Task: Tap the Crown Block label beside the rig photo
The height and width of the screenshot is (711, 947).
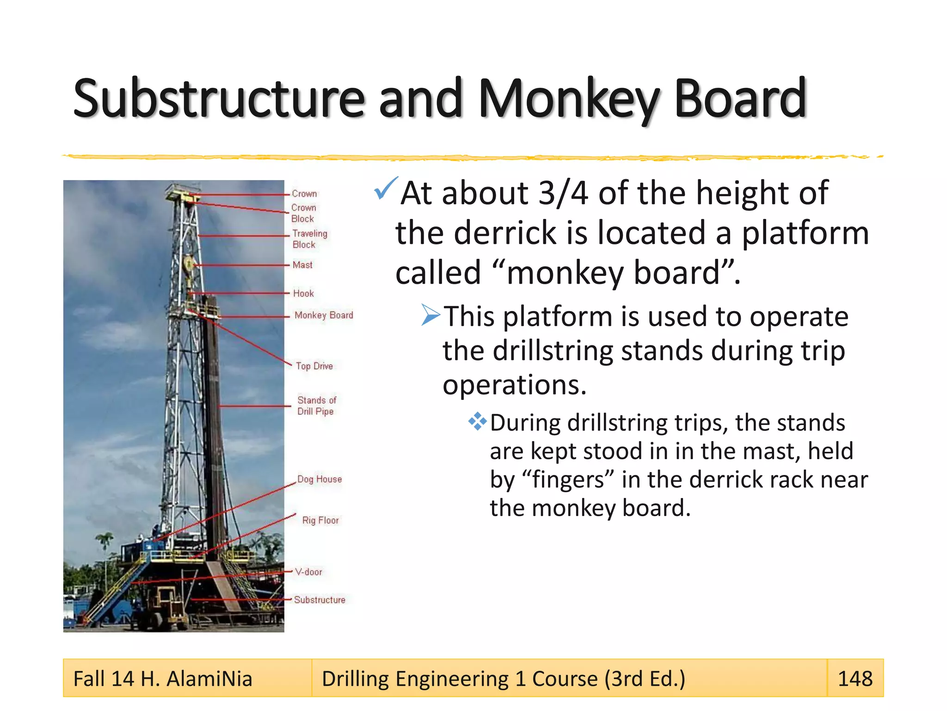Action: (x=303, y=213)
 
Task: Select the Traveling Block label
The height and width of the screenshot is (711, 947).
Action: (x=309, y=239)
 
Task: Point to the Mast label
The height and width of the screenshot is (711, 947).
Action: (x=302, y=265)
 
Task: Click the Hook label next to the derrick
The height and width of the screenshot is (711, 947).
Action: (x=303, y=293)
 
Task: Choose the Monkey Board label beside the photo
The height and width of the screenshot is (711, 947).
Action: (x=324, y=315)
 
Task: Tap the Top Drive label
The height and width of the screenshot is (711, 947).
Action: (x=314, y=366)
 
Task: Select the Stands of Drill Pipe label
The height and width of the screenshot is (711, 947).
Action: (x=317, y=405)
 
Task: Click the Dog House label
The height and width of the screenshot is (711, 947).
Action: (x=320, y=480)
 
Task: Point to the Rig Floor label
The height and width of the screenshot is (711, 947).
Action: (x=320, y=520)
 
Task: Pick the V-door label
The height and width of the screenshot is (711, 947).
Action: (x=308, y=572)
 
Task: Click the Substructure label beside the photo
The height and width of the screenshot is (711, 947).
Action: (x=320, y=600)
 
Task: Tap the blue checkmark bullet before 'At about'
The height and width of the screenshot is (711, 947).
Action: (x=385, y=188)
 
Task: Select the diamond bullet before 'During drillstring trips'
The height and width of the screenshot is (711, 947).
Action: (x=477, y=422)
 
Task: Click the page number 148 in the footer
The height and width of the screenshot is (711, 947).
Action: (x=855, y=679)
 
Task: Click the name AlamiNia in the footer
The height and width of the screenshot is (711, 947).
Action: (x=209, y=679)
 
